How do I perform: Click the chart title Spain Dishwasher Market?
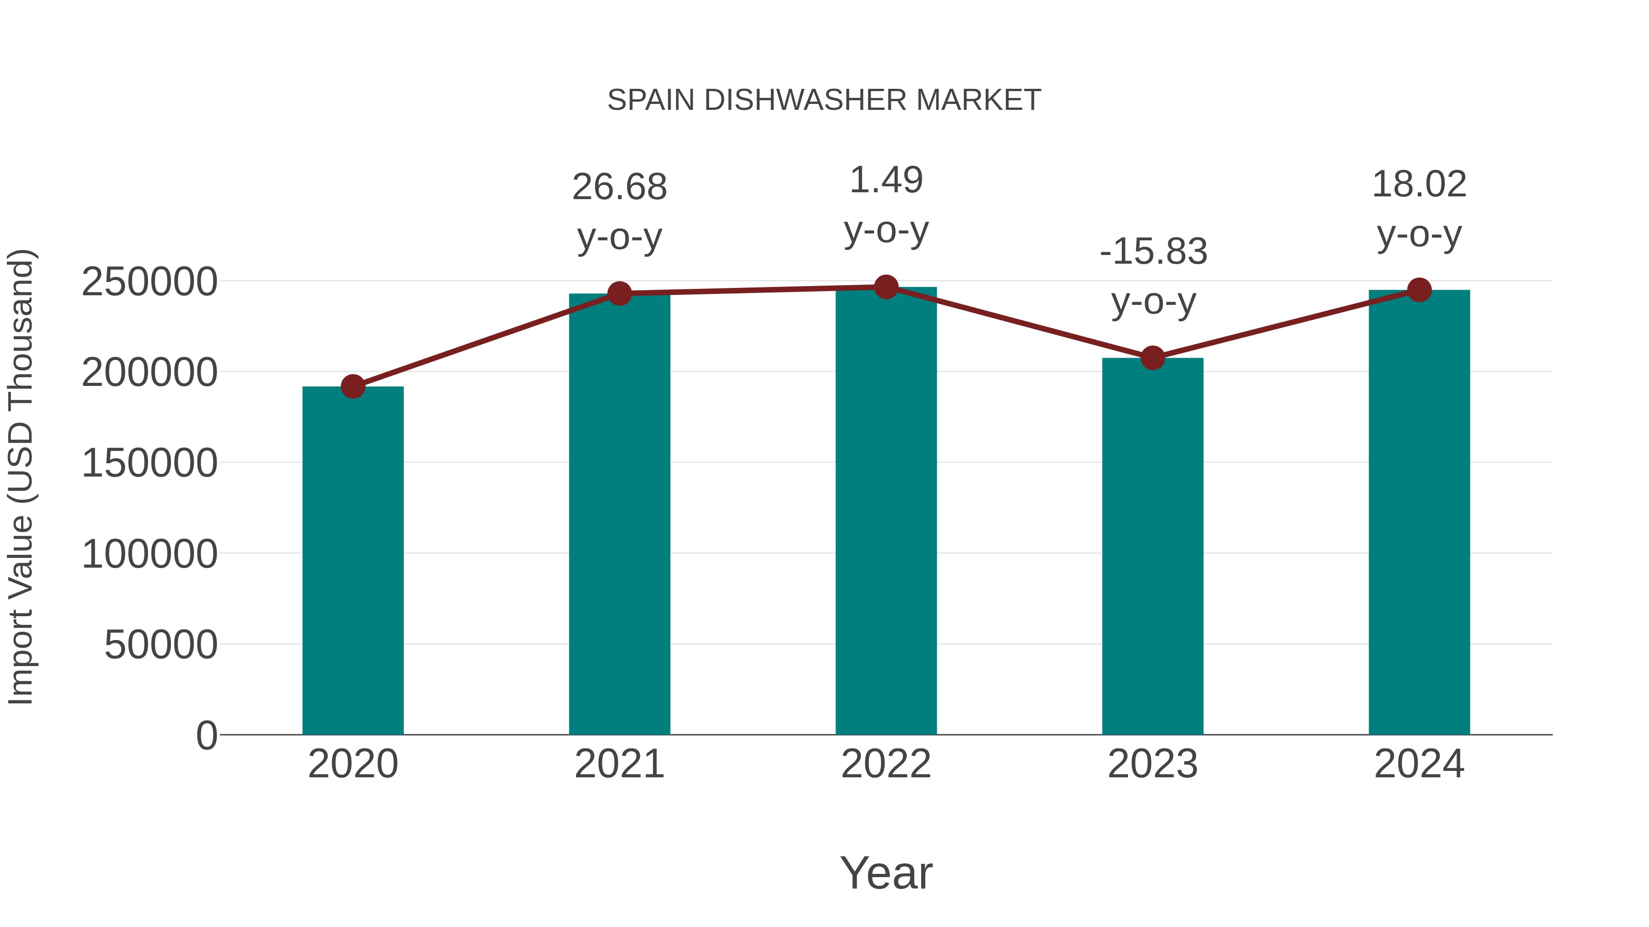point(824,100)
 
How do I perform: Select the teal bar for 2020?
point(353,560)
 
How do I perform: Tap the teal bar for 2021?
point(619,514)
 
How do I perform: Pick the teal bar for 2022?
point(886,510)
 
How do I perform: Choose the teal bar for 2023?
point(1152,546)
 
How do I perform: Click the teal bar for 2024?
point(1419,512)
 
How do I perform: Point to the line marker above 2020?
point(353,386)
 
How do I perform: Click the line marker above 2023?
point(1152,358)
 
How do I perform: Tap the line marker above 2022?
point(886,287)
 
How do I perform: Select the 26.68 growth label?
point(619,187)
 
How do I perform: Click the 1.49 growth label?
point(886,180)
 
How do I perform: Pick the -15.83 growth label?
point(1153,251)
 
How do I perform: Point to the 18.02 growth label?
point(1419,185)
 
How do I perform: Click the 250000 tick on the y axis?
point(149,282)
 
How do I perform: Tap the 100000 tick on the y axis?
point(149,554)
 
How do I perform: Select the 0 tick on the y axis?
point(206,736)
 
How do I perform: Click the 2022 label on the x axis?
point(886,764)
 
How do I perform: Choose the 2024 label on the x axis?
point(1419,764)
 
